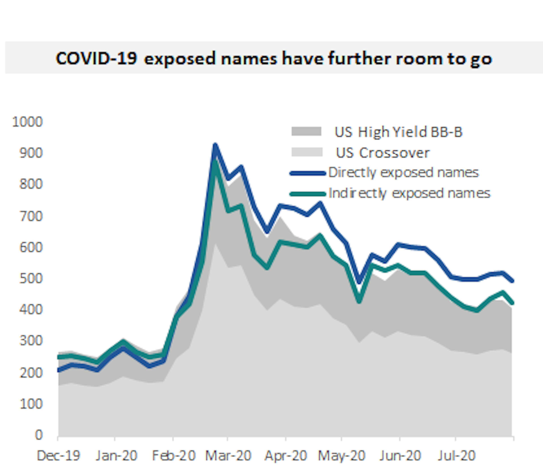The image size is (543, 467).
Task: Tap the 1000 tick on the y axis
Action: click(x=27, y=122)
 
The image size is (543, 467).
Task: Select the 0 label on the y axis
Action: click(x=38, y=435)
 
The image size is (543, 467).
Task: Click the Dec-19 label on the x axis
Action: click(x=58, y=456)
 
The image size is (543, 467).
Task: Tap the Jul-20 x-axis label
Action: click(x=456, y=456)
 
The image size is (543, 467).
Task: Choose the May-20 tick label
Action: click(x=341, y=456)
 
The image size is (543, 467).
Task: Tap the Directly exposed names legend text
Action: click(x=404, y=173)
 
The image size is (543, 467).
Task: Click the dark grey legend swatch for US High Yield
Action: click(x=306, y=131)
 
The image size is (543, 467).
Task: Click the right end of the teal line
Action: click(x=513, y=303)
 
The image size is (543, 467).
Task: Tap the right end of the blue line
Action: click(x=513, y=281)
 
